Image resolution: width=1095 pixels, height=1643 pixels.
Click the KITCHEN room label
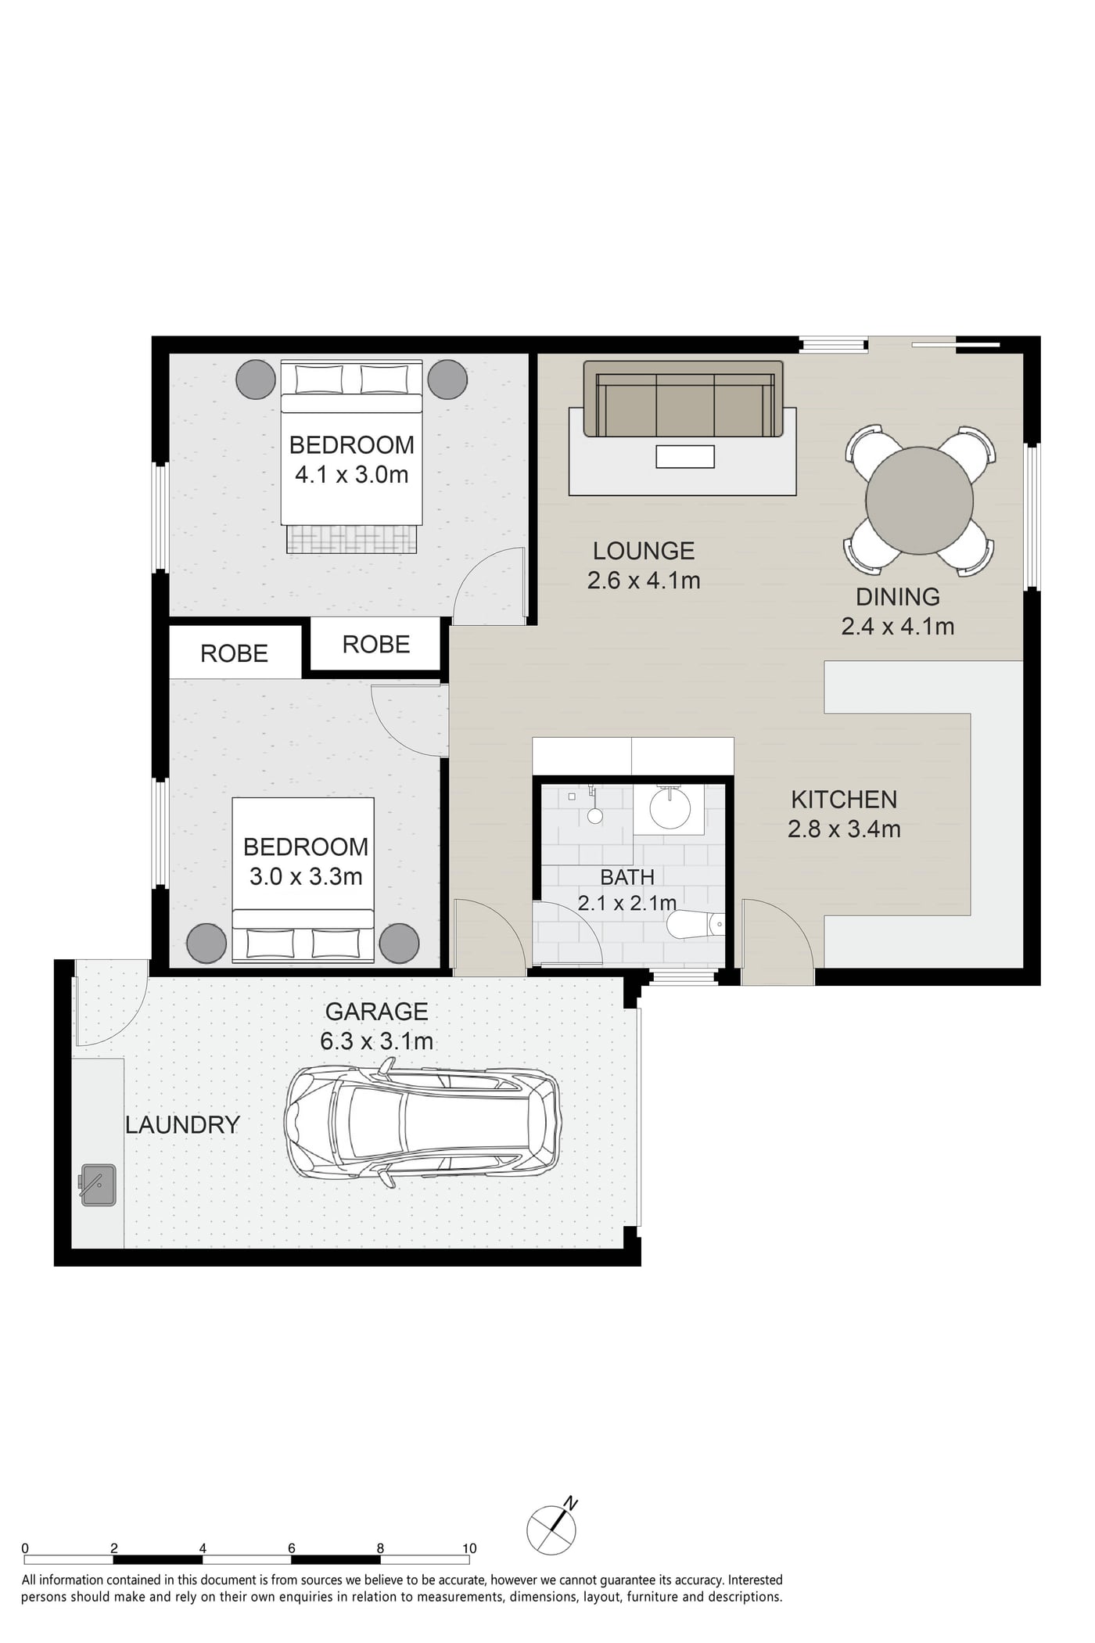[x=844, y=800]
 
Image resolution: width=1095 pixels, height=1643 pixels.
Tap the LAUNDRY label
[x=182, y=1125]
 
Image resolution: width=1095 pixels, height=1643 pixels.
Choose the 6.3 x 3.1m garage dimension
[x=376, y=1041]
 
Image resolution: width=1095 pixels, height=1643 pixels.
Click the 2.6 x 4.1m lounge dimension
[x=644, y=581]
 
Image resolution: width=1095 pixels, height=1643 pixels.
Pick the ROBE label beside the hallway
[x=376, y=645]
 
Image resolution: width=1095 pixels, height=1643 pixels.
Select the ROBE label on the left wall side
[x=234, y=654]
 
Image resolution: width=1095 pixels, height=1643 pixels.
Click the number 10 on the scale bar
[x=469, y=1548]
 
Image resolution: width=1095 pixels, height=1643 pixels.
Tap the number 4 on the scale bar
[x=203, y=1548]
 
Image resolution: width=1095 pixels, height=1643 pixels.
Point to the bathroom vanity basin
[x=670, y=809]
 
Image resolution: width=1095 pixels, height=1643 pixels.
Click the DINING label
[x=898, y=597]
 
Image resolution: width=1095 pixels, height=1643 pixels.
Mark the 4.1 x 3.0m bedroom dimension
[x=351, y=475]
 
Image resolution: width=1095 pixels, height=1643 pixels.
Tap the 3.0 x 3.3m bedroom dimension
[x=306, y=876]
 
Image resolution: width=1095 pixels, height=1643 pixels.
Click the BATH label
[x=627, y=877]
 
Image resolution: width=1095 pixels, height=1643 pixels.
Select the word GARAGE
[x=376, y=1012]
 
